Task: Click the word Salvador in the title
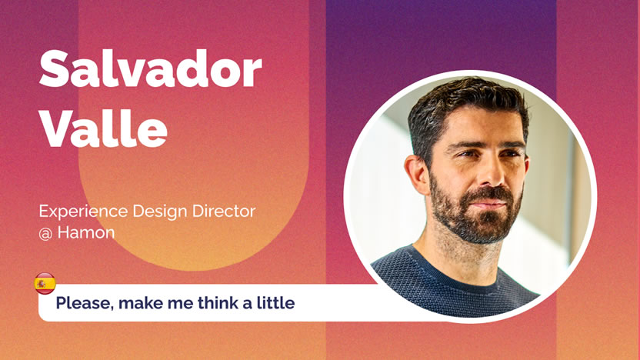[x=150, y=68]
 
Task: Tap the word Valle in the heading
[x=103, y=128]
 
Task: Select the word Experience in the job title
[x=83, y=212]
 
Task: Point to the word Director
[x=224, y=211]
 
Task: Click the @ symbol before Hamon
[x=45, y=234]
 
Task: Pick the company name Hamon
[x=86, y=232]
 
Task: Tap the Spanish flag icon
[x=45, y=283]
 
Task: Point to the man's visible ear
[x=416, y=175]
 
